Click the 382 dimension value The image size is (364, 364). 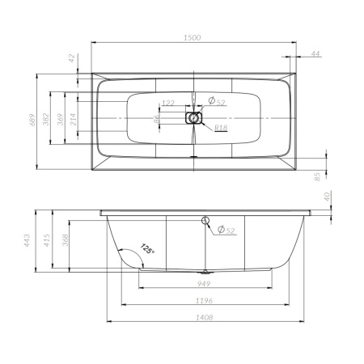pos(48,119)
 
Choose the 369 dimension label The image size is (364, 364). pos(61,119)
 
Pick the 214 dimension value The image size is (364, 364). pos(74,119)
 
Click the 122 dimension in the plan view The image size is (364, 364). pos(168,103)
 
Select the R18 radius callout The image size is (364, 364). pos(219,128)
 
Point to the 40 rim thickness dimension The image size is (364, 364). pos(327,196)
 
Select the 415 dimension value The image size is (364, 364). pos(48,240)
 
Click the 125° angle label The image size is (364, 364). pos(146,251)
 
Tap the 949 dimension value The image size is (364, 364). pos(205,286)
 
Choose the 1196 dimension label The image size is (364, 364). pos(205,302)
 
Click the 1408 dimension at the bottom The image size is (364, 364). pos(205,319)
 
